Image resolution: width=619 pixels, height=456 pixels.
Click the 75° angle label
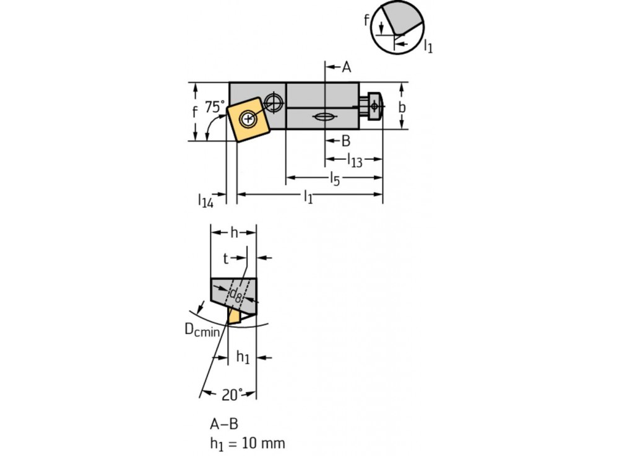coord(215,107)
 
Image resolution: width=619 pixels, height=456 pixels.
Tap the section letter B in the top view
coord(346,141)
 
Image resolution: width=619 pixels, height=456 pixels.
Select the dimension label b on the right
coord(402,107)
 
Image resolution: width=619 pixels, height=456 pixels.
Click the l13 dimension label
coord(354,160)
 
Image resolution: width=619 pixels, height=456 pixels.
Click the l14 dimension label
coord(206,200)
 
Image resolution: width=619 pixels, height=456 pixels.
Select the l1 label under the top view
coord(308,197)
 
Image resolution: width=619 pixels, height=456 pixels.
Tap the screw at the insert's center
coord(248,118)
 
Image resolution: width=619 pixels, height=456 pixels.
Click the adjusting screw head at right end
coord(374,107)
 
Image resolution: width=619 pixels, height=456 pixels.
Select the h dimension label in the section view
coord(234,232)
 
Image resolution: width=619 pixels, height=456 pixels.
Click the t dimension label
coord(226,257)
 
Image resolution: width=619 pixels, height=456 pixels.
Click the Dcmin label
coord(202,331)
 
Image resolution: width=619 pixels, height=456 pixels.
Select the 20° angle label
coord(232,393)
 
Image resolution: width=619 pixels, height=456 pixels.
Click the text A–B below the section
coord(223,424)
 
